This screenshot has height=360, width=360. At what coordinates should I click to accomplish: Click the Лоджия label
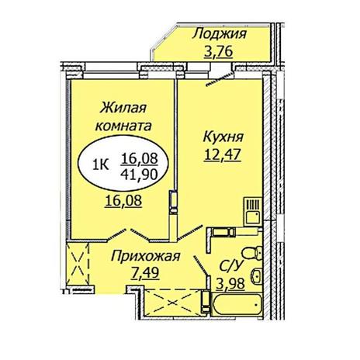coord(220,34)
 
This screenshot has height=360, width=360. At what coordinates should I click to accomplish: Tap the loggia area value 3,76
coord(219,52)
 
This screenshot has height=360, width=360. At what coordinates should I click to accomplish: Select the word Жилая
coord(123,108)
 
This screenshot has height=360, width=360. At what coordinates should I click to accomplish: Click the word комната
coord(123,126)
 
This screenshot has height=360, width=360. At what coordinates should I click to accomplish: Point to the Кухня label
coord(223,137)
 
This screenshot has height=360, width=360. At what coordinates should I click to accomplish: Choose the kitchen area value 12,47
coord(223,155)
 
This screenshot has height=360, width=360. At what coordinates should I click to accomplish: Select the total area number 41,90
coord(140,174)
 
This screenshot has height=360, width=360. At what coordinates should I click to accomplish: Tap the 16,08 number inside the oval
coord(140,158)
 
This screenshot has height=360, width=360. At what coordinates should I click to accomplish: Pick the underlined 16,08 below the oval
coord(123,201)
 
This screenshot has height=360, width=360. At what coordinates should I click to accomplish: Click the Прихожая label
coord(145,257)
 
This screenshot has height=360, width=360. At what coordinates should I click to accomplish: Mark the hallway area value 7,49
coord(145,273)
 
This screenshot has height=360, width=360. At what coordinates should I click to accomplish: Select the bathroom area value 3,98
coord(230,284)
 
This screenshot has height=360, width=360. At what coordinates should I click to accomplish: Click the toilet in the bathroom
coord(252,253)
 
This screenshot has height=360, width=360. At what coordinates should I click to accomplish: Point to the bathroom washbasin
coord(257,275)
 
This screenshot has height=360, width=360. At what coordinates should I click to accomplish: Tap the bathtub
coord(237,304)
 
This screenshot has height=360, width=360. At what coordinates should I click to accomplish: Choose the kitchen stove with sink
coord(253,212)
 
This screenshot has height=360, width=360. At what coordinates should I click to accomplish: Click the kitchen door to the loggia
coord(220,79)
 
